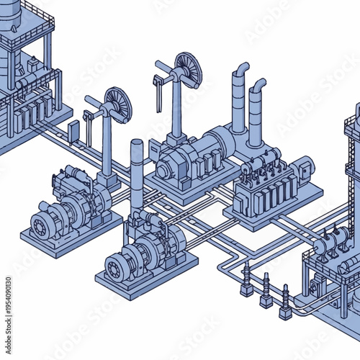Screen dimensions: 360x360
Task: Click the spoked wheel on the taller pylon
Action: pyautogui.click(x=189, y=70)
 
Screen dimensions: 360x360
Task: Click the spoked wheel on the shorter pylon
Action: pyautogui.click(x=118, y=104)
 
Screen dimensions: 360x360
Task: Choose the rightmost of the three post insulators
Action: pyautogui.click(x=285, y=302)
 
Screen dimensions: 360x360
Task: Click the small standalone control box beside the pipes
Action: pyautogui.click(x=73, y=130)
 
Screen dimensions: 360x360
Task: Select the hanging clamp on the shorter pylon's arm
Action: pyautogui.click(x=88, y=123)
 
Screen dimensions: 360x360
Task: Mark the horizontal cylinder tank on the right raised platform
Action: pyautogui.click(x=332, y=243)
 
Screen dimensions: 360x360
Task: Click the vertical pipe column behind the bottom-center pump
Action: pyautogui.click(x=136, y=173)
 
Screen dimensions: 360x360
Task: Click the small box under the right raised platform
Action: pyautogui.click(x=316, y=287)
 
